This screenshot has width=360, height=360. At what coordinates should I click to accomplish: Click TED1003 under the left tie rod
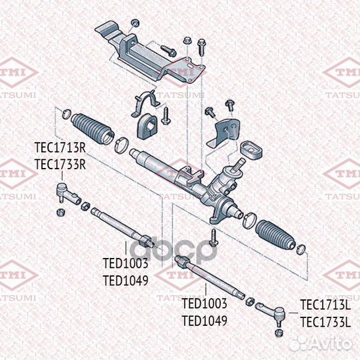[125, 264]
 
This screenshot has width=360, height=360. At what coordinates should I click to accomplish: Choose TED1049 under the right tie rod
[205, 320]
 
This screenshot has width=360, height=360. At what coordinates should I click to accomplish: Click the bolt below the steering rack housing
[212, 235]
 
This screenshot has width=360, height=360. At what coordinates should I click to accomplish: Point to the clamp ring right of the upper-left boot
[123, 144]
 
